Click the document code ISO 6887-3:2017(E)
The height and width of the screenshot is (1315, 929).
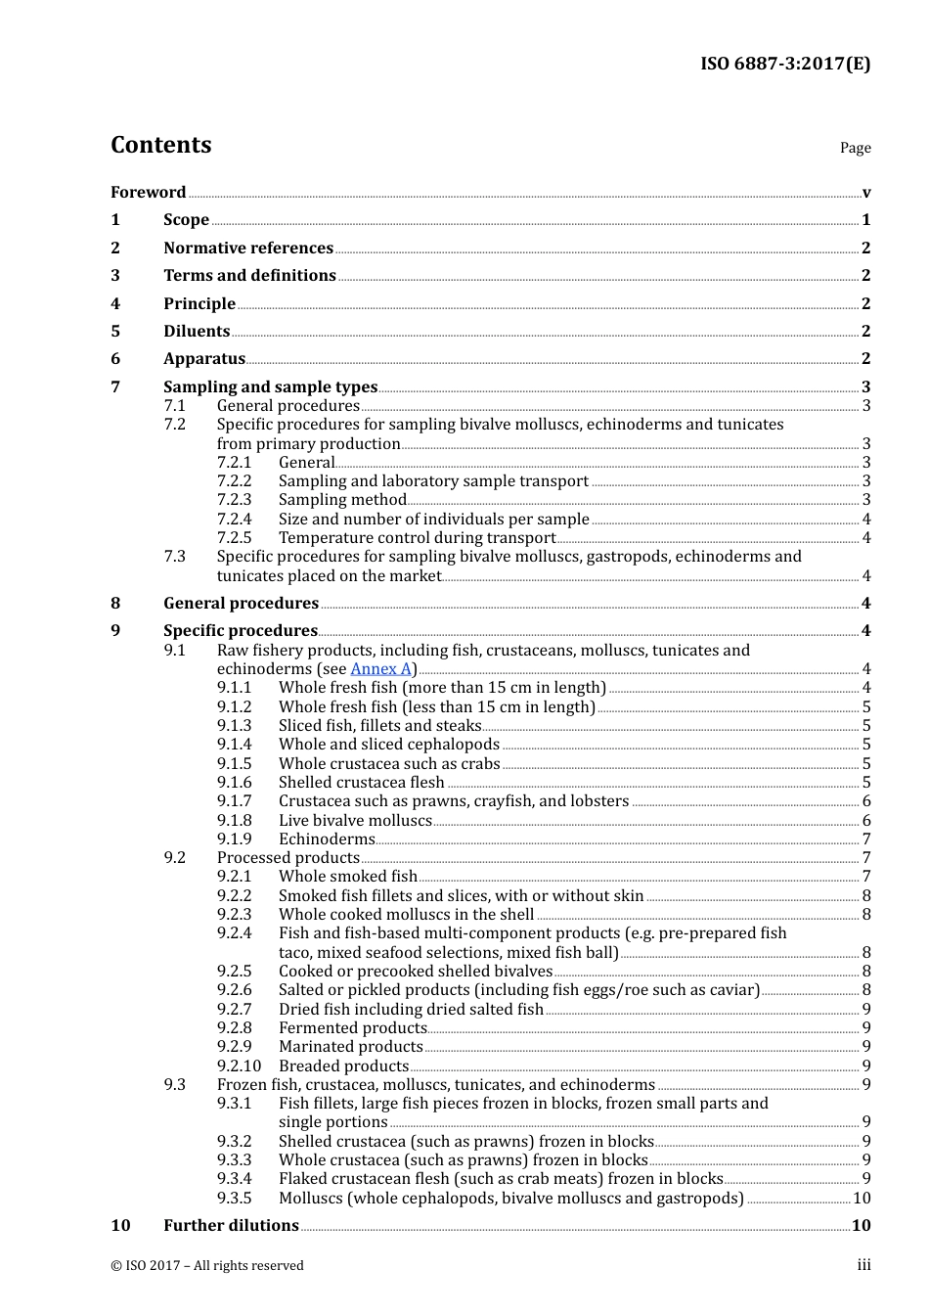784,64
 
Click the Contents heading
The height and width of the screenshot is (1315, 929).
160,145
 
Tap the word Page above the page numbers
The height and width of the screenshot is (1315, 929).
855,148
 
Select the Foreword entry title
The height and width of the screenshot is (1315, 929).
148,192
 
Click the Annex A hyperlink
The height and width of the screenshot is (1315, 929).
380,669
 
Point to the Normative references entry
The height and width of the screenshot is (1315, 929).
248,248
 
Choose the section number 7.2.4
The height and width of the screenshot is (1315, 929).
234,519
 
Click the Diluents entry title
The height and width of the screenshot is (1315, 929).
197,331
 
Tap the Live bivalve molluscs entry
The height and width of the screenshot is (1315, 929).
355,820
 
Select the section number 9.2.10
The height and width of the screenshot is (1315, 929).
239,1066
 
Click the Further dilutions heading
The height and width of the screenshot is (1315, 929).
231,1225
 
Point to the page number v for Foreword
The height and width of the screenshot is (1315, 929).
865,193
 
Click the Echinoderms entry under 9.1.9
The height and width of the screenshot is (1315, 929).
327,839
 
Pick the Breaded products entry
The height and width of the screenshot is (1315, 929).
343,1066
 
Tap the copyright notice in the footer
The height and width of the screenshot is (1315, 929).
207,1265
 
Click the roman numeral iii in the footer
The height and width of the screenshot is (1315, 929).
863,1265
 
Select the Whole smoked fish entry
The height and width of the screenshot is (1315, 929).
347,877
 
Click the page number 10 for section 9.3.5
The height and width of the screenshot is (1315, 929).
861,1198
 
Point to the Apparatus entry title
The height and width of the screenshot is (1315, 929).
204,359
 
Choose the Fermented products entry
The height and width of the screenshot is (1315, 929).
352,1027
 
